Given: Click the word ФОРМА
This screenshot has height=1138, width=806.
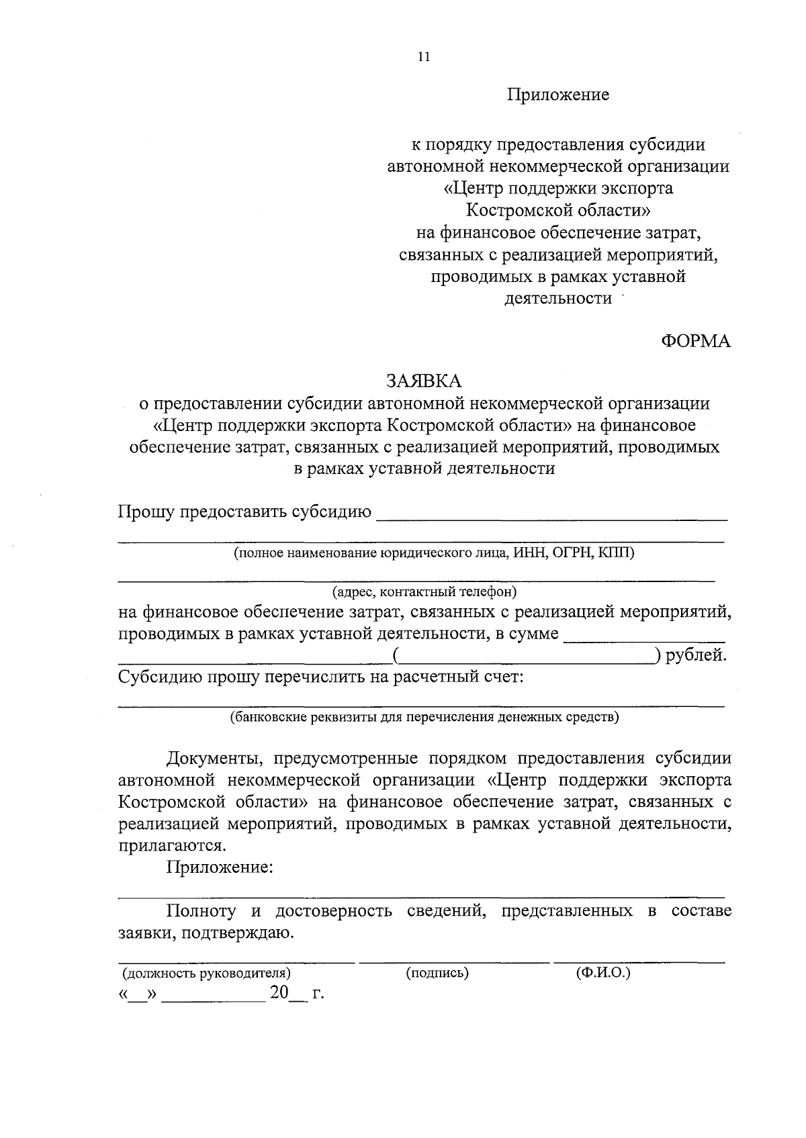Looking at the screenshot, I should pyautogui.click(x=695, y=341).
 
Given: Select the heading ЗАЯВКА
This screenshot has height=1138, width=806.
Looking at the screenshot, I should pyautogui.click(x=423, y=381).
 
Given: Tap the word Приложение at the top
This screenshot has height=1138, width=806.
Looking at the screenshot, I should pyautogui.click(x=557, y=95).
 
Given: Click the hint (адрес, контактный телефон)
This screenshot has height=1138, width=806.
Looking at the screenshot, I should pyautogui.click(x=424, y=592).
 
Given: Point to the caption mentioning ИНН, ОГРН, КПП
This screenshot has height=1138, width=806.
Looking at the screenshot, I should pyautogui.click(x=433, y=553).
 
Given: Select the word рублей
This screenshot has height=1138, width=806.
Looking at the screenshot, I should pyautogui.click(x=696, y=655).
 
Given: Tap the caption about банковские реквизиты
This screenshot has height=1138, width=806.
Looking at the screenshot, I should pyautogui.click(x=424, y=717).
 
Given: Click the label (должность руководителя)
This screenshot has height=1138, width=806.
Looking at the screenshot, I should pyautogui.click(x=206, y=973).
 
